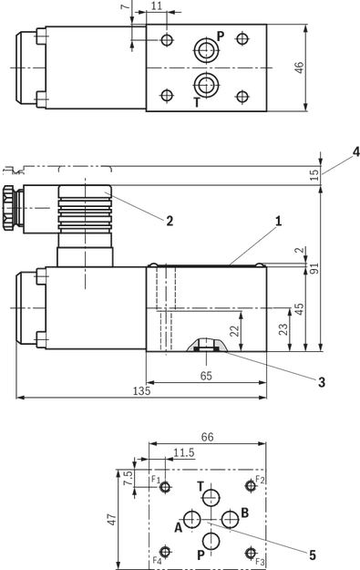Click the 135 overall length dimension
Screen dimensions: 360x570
click(x=141, y=391)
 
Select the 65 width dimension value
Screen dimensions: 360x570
click(x=206, y=376)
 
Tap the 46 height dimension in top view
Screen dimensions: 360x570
click(x=299, y=67)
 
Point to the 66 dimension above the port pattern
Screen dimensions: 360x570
click(x=208, y=437)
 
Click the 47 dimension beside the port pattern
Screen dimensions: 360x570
click(x=113, y=519)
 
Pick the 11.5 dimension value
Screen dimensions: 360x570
click(x=184, y=453)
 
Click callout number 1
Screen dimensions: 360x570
click(x=278, y=221)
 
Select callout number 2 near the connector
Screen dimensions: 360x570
click(x=170, y=221)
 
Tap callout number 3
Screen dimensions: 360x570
click(x=322, y=382)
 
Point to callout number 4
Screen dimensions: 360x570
click(x=356, y=152)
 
